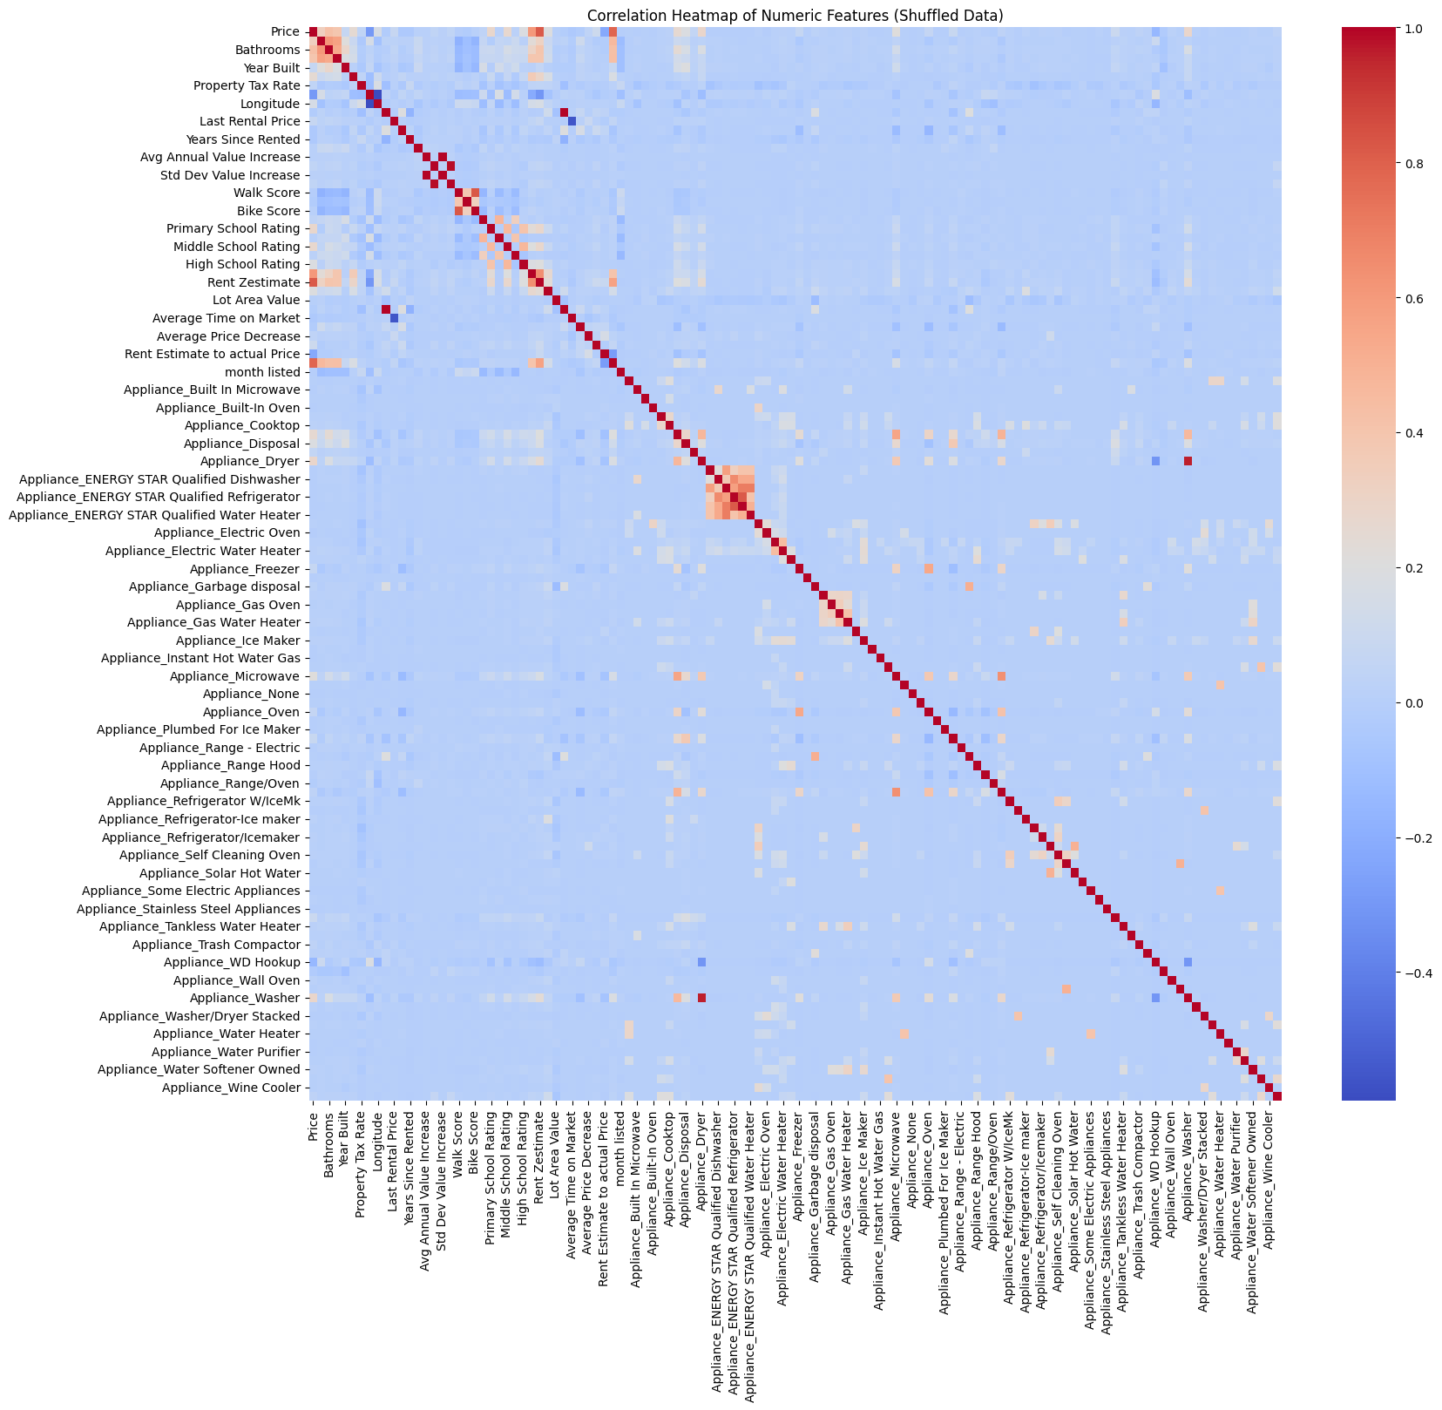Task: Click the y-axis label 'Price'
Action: (285, 32)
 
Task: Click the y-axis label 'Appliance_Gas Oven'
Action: (238, 605)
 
